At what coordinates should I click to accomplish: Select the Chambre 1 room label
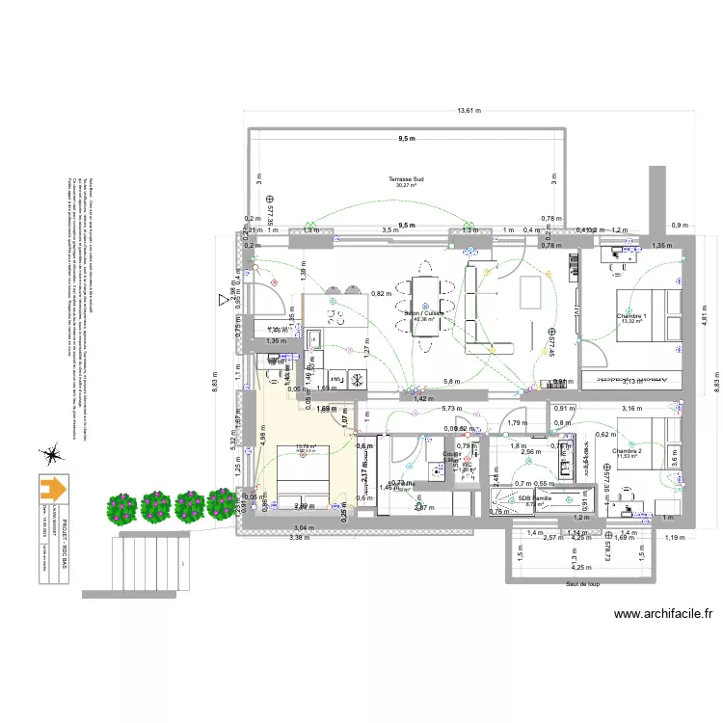[631, 315]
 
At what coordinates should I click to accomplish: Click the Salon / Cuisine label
[423, 312]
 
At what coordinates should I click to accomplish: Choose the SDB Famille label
[535, 497]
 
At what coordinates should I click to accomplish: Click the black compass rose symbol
[50, 450]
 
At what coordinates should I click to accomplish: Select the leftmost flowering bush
[122, 506]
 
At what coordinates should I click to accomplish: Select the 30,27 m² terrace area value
[406, 186]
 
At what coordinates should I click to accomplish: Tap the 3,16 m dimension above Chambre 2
[630, 409]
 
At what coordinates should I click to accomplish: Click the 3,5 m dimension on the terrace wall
[389, 231]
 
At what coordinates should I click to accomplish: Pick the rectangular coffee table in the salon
[531, 292]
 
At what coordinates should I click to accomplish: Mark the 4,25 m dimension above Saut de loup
[581, 569]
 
